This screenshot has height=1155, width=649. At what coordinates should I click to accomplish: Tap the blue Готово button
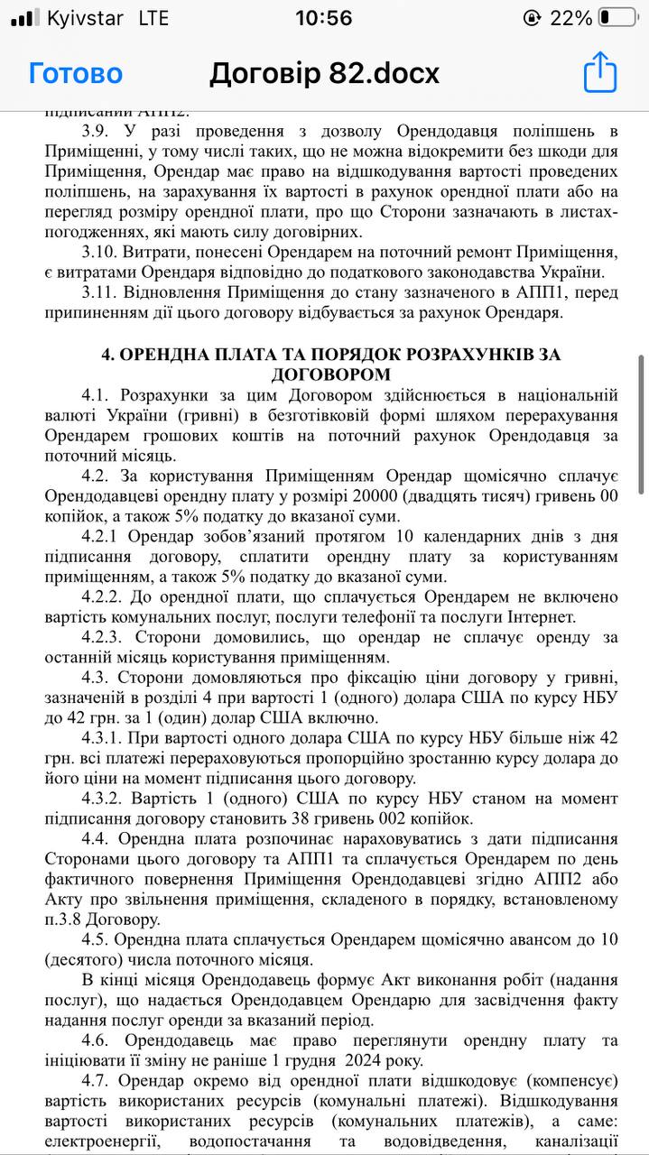75,73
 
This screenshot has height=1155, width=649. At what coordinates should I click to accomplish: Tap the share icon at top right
600,72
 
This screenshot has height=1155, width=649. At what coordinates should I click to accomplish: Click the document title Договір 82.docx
324,73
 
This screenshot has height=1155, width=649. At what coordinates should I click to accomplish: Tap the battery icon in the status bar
617,17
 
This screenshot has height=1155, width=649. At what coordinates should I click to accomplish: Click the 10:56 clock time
324,17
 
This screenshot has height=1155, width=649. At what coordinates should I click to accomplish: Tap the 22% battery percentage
572,17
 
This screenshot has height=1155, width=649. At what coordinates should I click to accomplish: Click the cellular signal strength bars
24,17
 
